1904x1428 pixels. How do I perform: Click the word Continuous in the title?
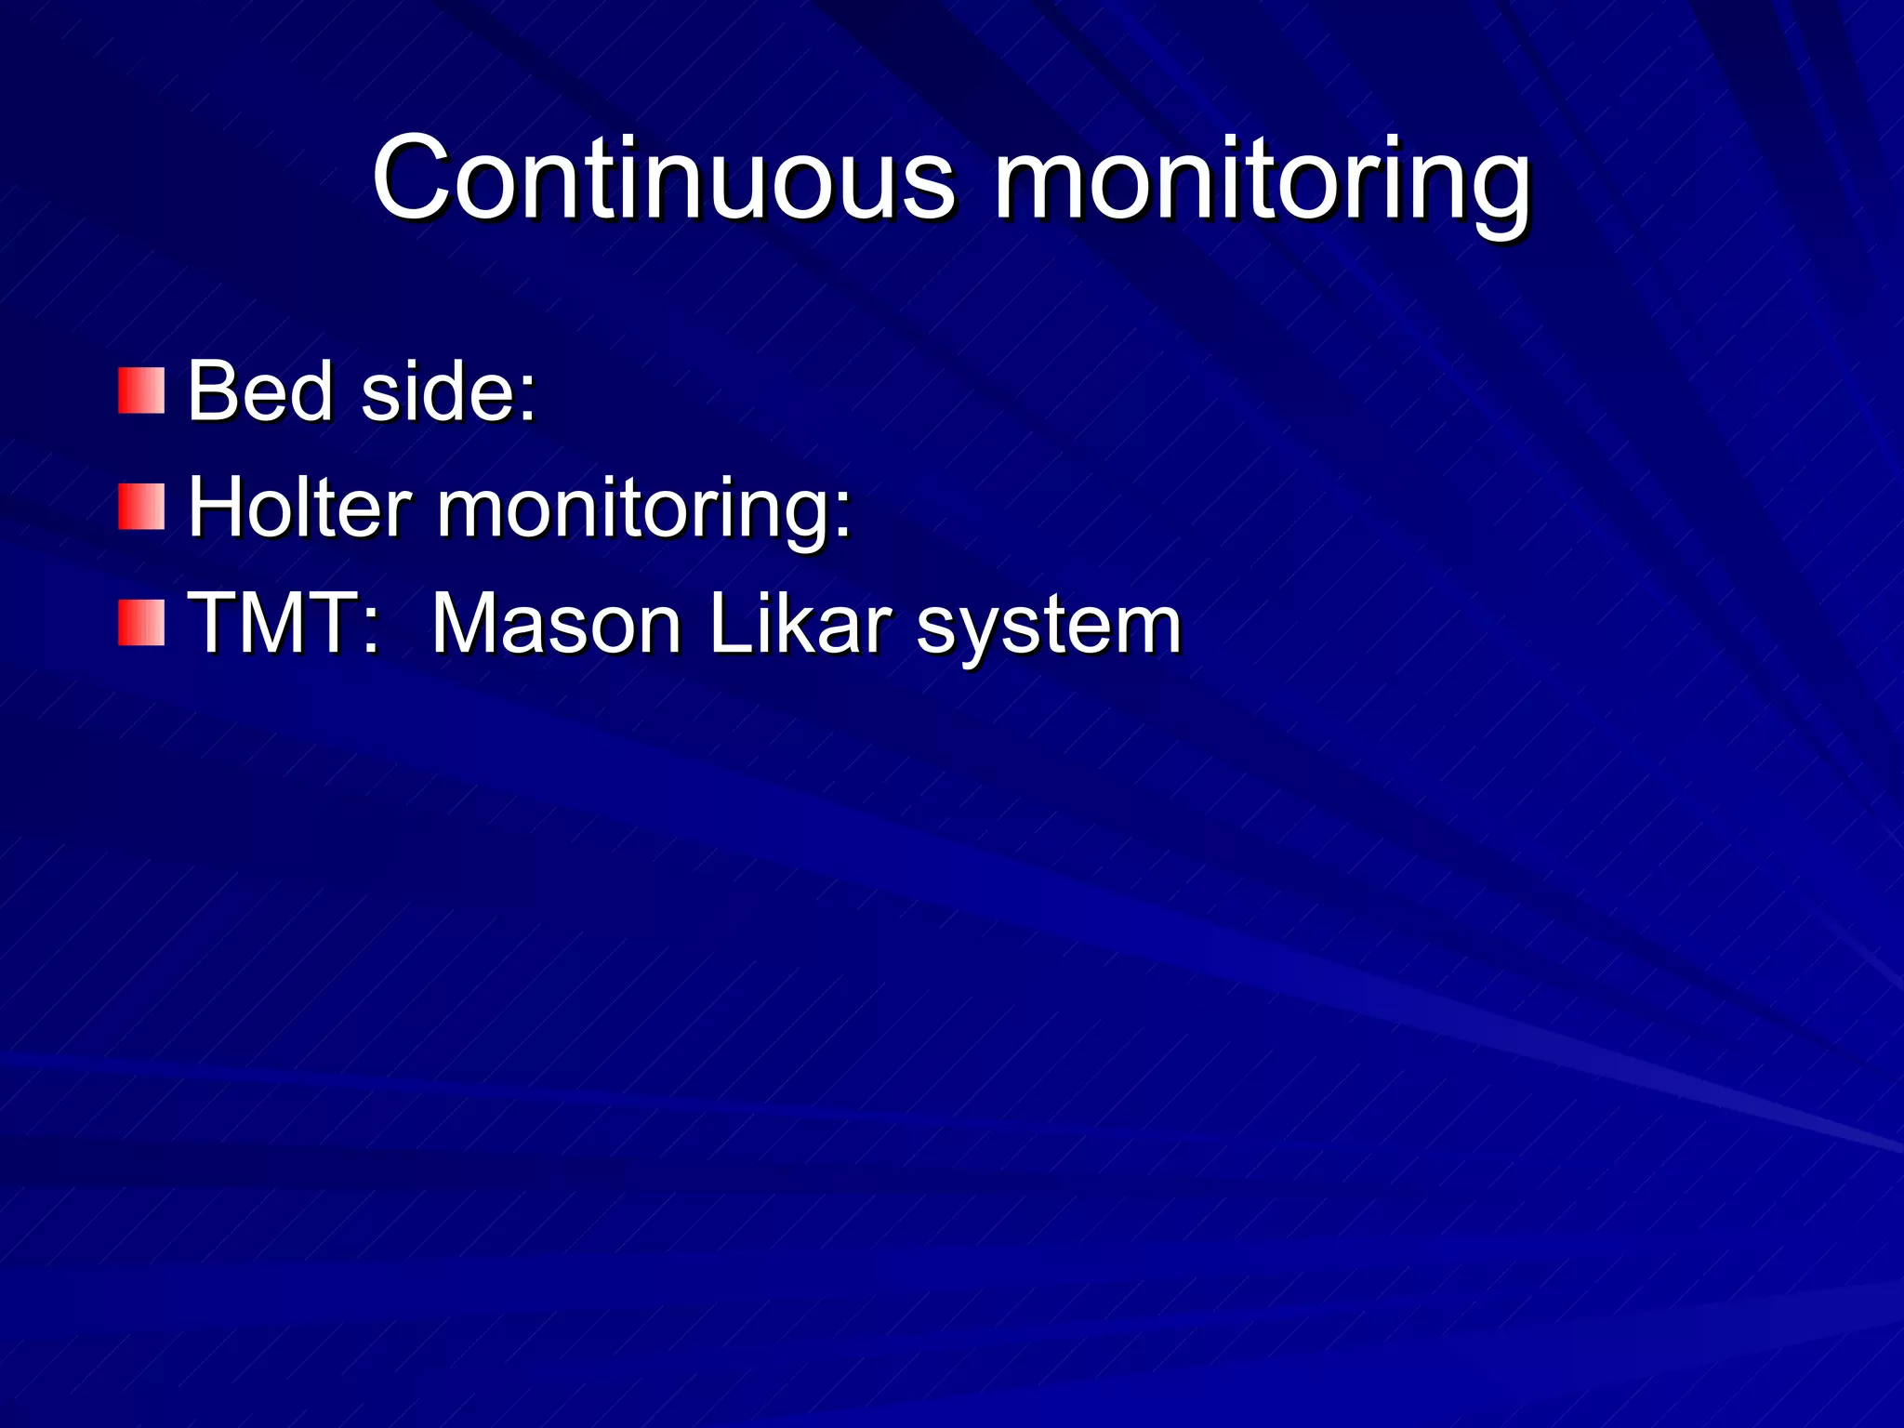(x=662, y=178)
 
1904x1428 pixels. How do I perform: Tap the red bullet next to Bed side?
(x=141, y=390)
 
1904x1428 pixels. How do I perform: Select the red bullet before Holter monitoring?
(x=141, y=507)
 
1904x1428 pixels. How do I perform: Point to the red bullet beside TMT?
(x=141, y=623)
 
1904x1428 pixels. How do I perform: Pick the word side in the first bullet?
(x=437, y=390)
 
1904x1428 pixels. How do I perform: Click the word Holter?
(x=299, y=508)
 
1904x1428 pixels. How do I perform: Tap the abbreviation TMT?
(x=274, y=624)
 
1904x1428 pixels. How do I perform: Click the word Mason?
(x=556, y=624)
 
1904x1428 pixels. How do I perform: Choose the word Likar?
(x=800, y=624)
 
